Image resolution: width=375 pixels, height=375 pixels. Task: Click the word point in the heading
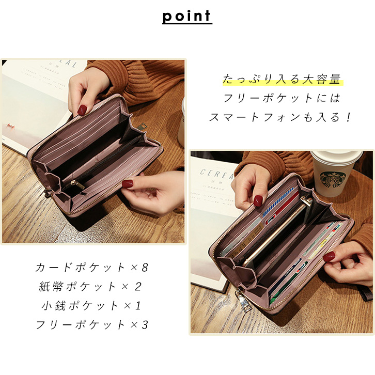187,16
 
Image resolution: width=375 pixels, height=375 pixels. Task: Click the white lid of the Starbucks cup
337,158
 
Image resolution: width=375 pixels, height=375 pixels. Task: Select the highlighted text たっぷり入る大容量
282,79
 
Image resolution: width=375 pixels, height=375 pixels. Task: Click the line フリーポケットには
282,98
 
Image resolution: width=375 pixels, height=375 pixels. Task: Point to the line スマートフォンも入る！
280,117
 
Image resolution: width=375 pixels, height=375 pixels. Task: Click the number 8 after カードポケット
145,268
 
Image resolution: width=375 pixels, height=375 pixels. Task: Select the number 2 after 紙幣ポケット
138,287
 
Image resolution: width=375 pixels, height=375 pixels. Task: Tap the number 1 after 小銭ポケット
138,306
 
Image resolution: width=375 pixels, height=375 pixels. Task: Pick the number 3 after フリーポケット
145,324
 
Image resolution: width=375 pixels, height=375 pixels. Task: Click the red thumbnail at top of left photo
82,110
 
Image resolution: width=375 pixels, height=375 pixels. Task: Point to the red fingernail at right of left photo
128,184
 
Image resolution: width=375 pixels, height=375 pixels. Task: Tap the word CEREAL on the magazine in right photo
217,174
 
